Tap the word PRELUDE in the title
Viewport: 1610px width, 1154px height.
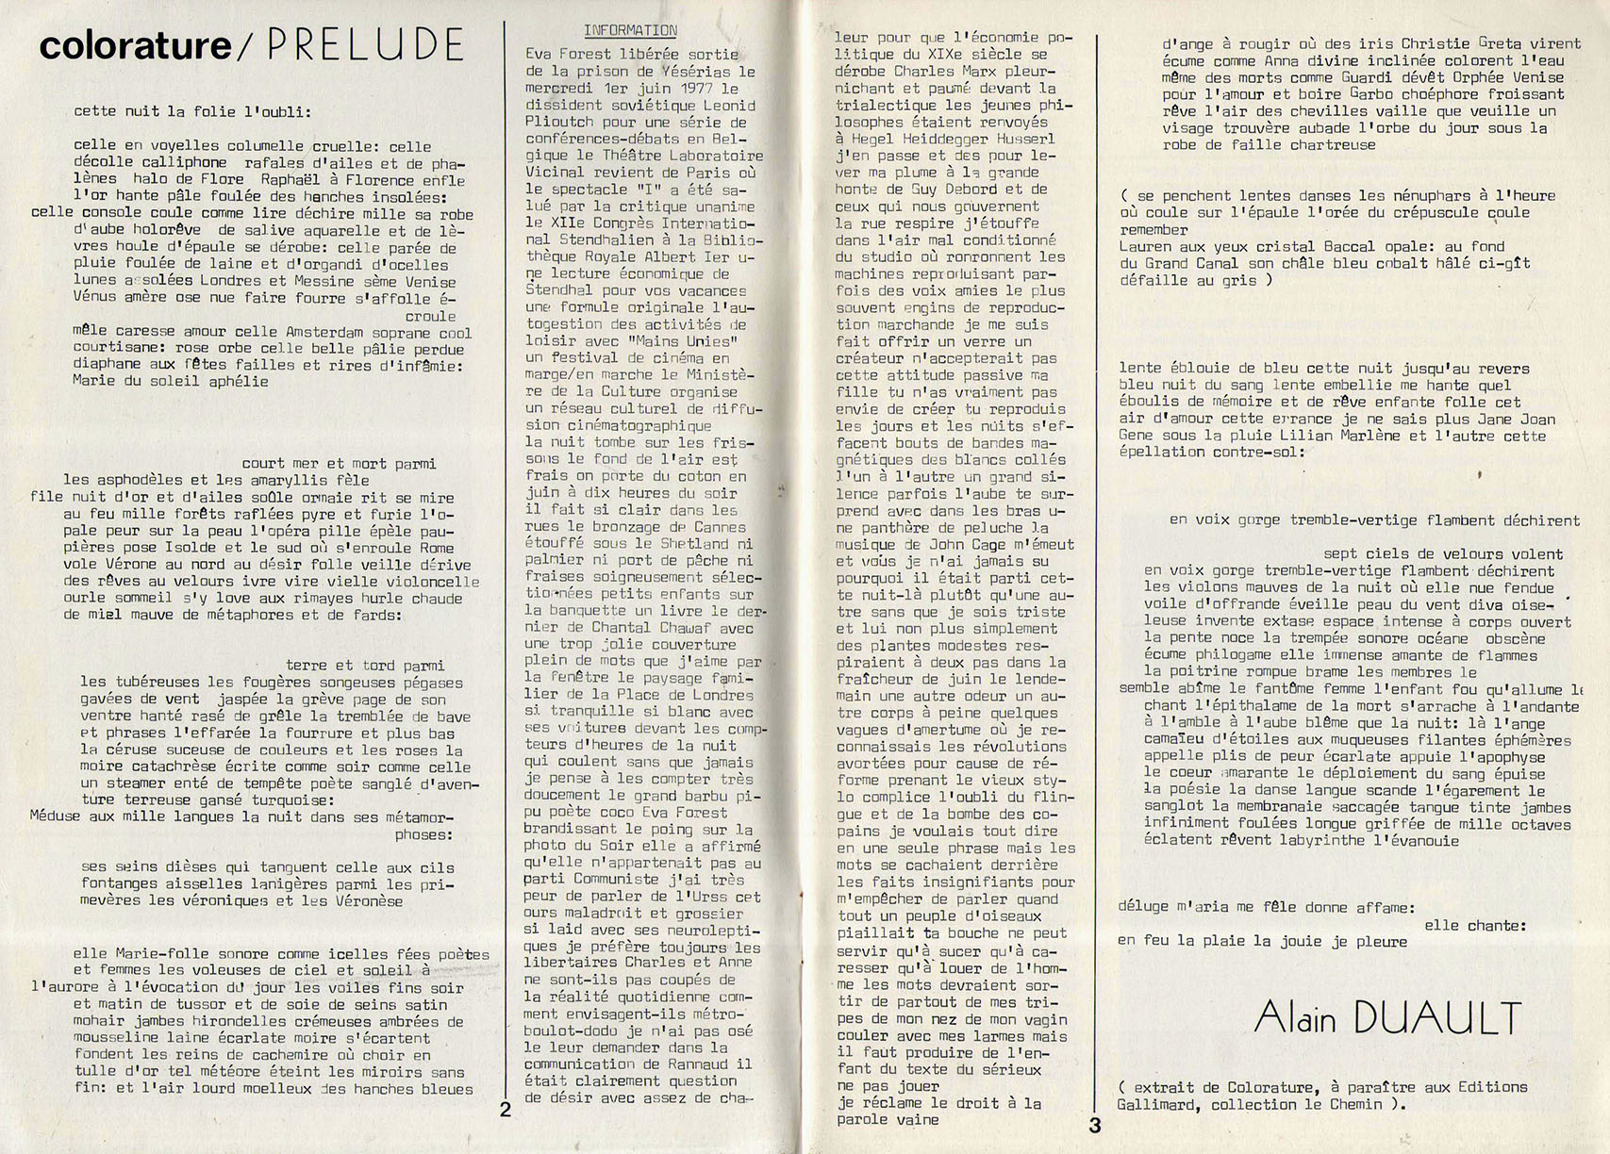pos(362,45)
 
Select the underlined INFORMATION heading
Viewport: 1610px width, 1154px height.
pos(629,30)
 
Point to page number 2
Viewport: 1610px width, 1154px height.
pos(506,1110)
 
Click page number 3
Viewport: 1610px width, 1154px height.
pos(1095,1125)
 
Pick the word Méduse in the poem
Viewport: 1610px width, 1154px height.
pos(56,816)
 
